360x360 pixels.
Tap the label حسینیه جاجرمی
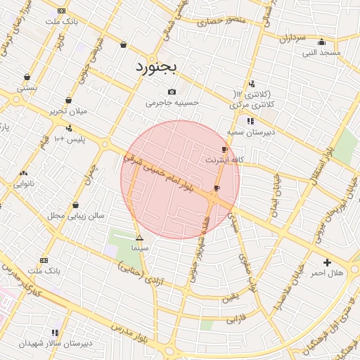tap(173, 103)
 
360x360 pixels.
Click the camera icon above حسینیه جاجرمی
tap(172, 92)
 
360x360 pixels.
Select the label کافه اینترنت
tap(224, 160)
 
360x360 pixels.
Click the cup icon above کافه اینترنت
tap(224, 150)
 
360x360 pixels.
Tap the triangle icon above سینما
tap(139, 238)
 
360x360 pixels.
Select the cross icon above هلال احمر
tap(326, 262)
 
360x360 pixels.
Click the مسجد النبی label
tap(321, 52)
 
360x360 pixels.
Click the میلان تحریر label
tap(67, 111)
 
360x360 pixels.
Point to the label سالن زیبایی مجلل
tap(75, 215)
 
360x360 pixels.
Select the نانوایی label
tap(24, 184)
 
